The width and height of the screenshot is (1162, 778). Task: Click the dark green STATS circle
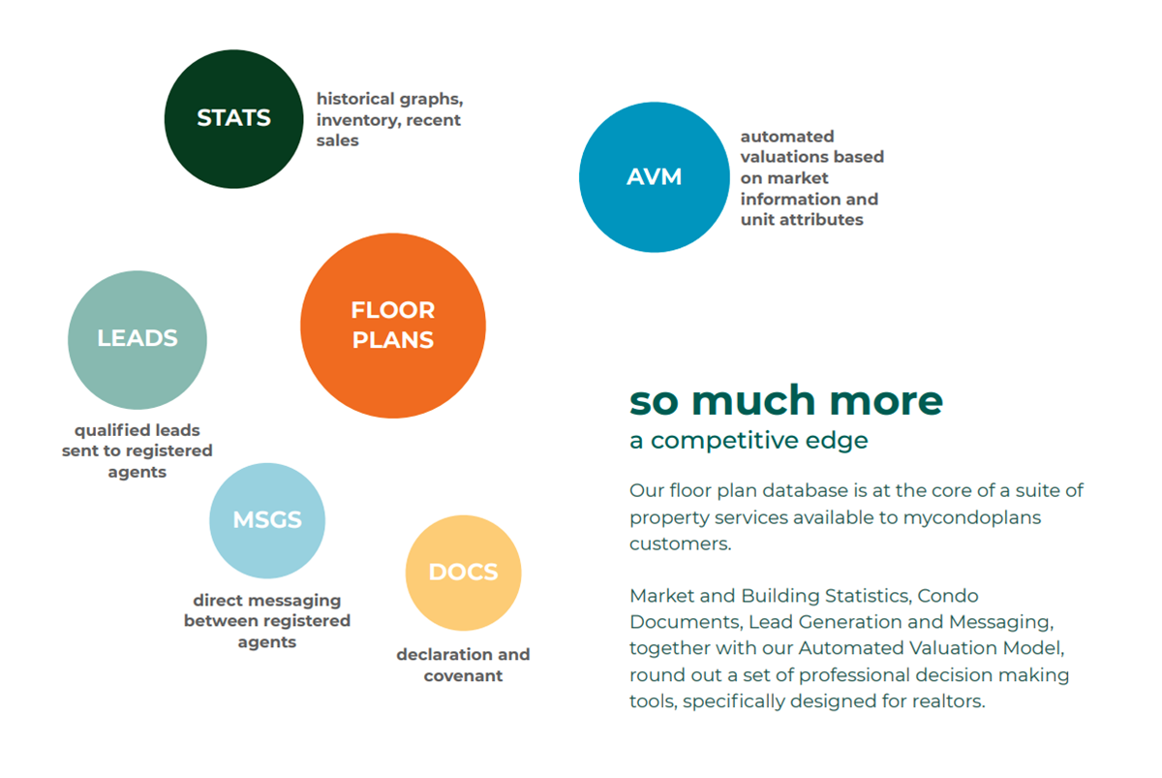233,118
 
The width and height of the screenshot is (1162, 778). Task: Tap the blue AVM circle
654,177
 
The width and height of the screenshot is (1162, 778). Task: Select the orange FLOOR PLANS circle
392,326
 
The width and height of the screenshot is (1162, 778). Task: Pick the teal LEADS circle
137,339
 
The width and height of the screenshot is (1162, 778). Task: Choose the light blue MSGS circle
267,520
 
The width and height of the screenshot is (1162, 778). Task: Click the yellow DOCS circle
463,573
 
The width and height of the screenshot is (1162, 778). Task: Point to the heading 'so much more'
785,400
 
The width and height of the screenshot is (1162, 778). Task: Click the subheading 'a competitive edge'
749,441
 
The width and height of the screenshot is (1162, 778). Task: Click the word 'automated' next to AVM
787,137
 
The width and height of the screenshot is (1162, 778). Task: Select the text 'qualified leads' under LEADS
138,430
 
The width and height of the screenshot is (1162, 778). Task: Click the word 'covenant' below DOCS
463,676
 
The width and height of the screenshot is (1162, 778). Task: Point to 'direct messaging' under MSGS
266,601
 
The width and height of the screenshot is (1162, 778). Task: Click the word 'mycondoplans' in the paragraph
971,517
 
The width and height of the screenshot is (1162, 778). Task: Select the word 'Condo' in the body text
948,595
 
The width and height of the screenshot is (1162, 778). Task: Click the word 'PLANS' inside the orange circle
392,340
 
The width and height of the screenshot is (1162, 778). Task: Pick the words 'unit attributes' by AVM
802,220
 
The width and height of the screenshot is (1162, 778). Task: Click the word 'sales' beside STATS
337,140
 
